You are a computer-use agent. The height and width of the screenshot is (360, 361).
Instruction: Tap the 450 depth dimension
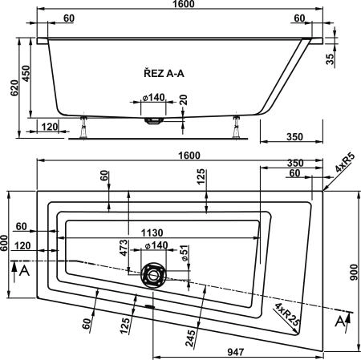[x=26, y=74]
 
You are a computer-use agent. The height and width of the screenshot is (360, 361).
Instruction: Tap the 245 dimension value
[x=189, y=338]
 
